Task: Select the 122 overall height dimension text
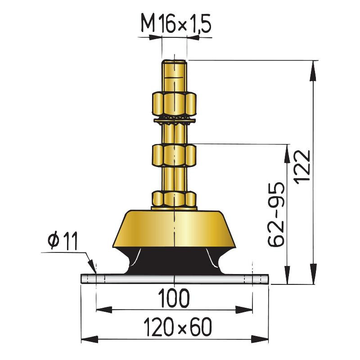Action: pos(302,167)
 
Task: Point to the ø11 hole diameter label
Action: pos(63,241)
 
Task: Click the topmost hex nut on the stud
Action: pos(174,103)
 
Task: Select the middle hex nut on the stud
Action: pos(174,155)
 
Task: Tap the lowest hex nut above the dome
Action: pos(174,199)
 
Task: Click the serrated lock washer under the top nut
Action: pos(175,121)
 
